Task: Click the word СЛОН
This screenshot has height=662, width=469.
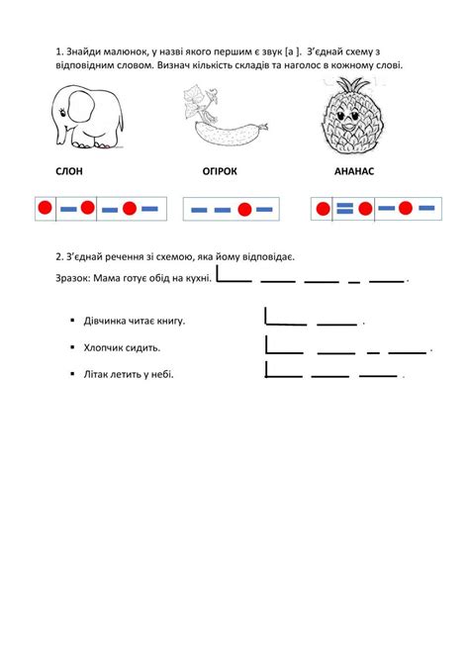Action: [x=69, y=171]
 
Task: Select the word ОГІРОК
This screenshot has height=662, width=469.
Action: [x=220, y=171]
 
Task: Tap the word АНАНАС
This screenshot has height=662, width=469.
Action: [x=354, y=171]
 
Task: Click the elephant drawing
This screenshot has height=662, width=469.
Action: [x=88, y=117]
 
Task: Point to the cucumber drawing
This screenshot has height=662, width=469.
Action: [x=225, y=119]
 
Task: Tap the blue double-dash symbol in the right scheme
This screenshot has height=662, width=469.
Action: [x=344, y=208]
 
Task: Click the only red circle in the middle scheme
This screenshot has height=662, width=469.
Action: [x=244, y=209]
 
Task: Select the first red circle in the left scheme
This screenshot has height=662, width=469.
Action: [x=45, y=208]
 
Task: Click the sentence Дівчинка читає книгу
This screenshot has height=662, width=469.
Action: [x=135, y=322]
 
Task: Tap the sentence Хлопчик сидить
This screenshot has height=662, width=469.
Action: [x=122, y=348]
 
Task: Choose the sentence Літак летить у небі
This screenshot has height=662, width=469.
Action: [x=129, y=374]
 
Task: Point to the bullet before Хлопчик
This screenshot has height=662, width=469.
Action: [x=72, y=347]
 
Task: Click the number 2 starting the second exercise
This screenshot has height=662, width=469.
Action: [x=58, y=256]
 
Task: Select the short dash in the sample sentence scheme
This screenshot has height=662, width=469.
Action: [x=354, y=282]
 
